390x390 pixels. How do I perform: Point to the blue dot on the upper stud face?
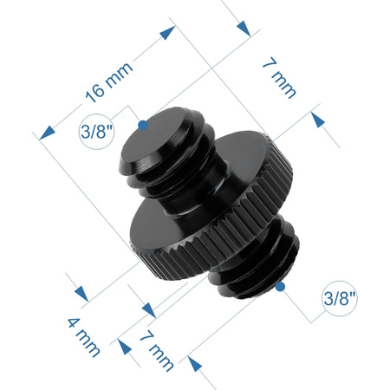click(x=144, y=125)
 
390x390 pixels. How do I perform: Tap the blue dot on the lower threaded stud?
click(x=282, y=285)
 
